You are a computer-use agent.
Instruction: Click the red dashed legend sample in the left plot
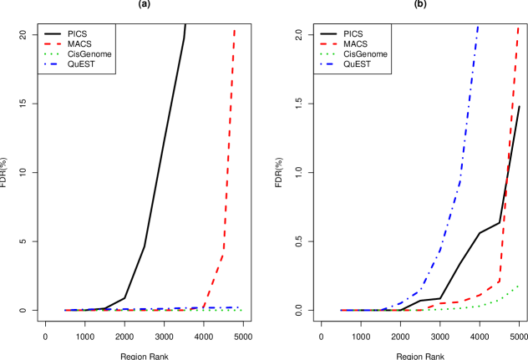(x=53, y=43)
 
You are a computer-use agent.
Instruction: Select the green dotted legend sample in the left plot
(x=53, y=53)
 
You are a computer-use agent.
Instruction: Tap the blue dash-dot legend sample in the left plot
(x=53, y=63)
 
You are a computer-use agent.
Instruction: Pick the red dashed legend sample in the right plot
(x=328, y=43)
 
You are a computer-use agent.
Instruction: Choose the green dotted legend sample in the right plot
(x=328, y=53)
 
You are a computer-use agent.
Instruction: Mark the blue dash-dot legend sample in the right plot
(x=328, y=63)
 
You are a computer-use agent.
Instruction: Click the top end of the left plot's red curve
(x=234, y=30)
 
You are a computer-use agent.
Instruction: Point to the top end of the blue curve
(x=478, y=27)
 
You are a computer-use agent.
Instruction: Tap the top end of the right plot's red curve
(x=518, y=28)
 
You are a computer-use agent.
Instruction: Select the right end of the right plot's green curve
(x=519, y=286)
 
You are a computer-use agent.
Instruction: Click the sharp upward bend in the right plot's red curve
(x=499, y=279)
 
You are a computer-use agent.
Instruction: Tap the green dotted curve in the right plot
(x=485, y=304)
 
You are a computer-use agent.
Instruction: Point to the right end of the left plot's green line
(x=241, y=311)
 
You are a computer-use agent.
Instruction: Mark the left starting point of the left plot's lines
(x=65, y=310)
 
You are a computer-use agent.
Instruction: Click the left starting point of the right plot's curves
(x=341, y=310)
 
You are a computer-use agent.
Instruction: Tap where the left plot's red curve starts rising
(x=202, y=307)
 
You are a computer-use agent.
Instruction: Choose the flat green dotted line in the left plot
(x=150, y=311)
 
